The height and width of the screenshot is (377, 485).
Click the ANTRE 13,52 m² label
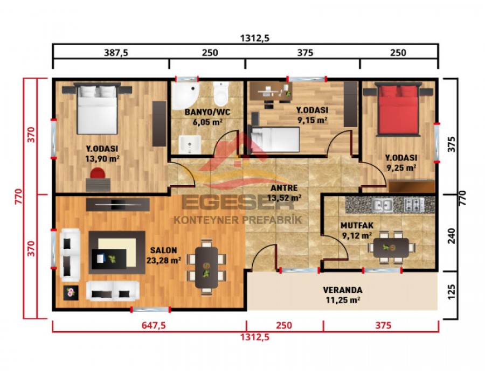click(285, 192)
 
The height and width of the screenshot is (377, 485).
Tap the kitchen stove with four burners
click(416, 205)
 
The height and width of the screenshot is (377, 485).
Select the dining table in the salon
click(205, 266)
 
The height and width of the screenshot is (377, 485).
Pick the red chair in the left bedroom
click(98, 174)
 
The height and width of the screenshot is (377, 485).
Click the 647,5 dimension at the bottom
click(148, 326)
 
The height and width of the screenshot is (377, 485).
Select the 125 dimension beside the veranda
click(452, 291)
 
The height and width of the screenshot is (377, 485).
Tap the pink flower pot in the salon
click(70, 293)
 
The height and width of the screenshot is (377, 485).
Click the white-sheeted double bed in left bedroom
click(97, 110)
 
